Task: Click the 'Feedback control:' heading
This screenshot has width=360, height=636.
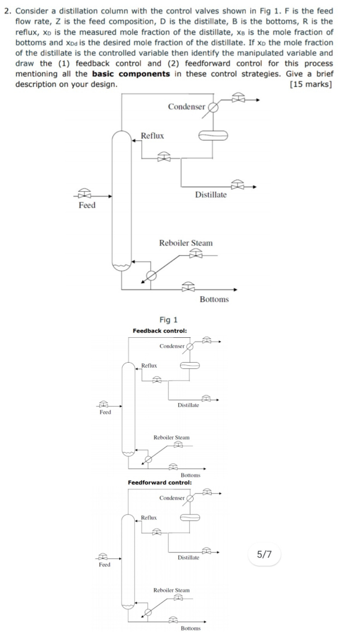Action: pyautogui.click(x=160, y=330)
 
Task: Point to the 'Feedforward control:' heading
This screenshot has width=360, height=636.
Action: pyautogui.click(x=160, y=482)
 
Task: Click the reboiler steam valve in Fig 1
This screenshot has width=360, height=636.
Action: pyautogui.click(x=196, y=253)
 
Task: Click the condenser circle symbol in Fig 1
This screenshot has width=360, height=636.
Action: pyautogui.click(x=213, y=107)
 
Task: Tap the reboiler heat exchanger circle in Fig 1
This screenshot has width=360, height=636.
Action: pyautogui.click(x=150, y=276)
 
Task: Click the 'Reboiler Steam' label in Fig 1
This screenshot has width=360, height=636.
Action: pyautogui.click(x=186, y=243)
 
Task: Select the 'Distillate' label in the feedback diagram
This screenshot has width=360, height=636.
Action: pyautogui.click(x=188, y=405)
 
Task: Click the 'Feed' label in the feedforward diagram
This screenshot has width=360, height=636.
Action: pyautogui.click(x=105, y=565)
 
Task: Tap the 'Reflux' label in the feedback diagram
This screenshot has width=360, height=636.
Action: pyautogui.click(x=148, y=366)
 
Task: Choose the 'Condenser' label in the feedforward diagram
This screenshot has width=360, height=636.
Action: pyautogui.click(x=172, y=498)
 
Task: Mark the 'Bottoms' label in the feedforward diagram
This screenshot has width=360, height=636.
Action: pyautogui.click(x=190, y=628)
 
